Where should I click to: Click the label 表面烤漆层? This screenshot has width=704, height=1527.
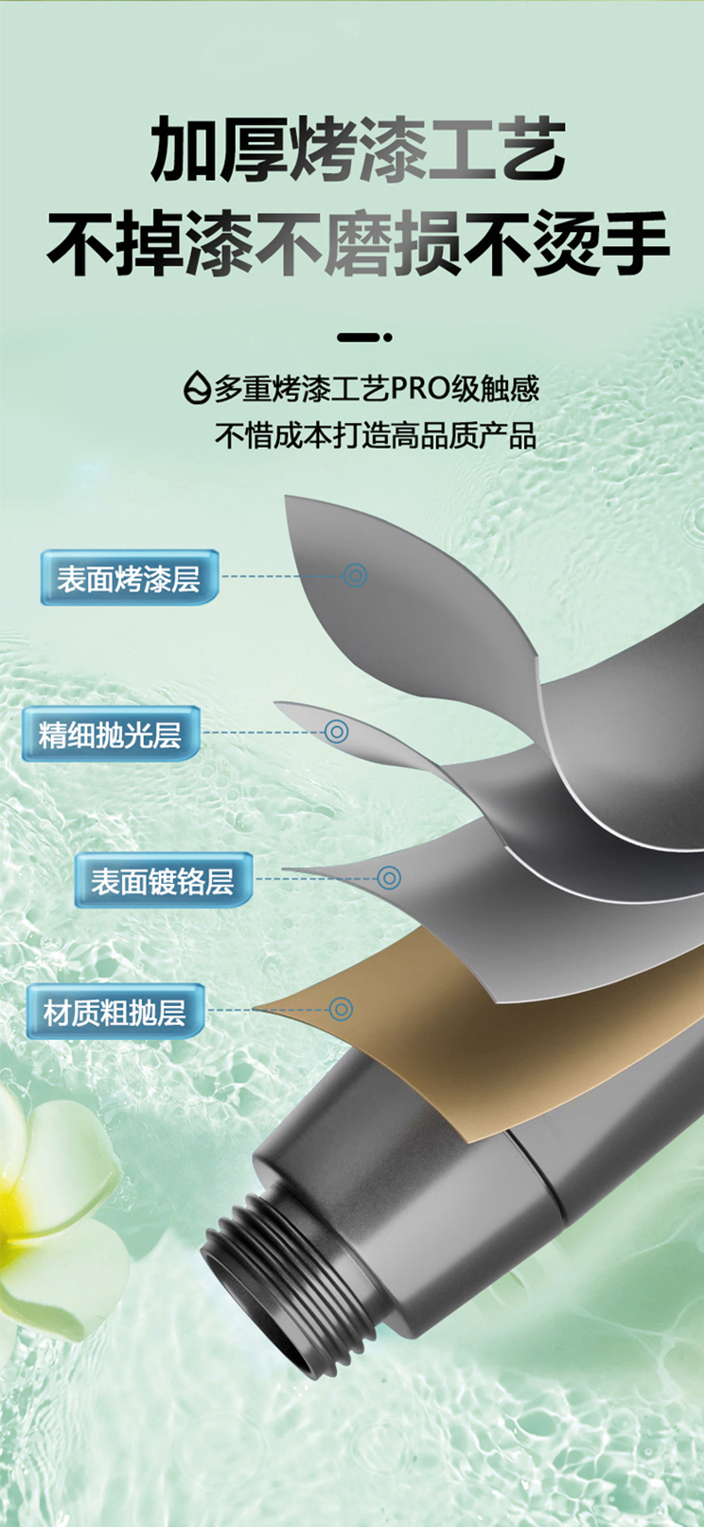pyautogui.click(x=129, y=578)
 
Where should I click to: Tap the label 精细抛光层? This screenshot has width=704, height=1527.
pyautogui.click(x=110, y=734)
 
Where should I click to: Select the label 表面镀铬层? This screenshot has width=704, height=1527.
pyautogui.click(x=162, y=880)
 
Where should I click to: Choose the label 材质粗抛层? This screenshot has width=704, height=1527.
pyautogui.click(x=115, y=1011)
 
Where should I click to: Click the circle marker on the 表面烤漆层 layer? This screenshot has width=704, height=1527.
pyautogui.click(x=355, y=575)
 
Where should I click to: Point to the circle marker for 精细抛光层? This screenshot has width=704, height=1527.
pyautogui.click(x=336, y=731)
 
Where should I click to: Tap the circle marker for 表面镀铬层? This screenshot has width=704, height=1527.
pyautogui.click(x=389, y=878)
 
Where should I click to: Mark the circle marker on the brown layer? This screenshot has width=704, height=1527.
pyautogui.click(x=340, y=1009)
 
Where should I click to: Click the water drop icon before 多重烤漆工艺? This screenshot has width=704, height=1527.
pyautogui.click(x=197, y=388)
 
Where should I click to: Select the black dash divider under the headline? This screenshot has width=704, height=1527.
pyautogui.click(x=364, y=337)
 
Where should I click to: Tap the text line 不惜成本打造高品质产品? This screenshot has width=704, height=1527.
pyautogui.click(x=375, y=435)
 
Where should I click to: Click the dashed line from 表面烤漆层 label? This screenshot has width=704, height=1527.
pyautogui.click(x=281, y=576)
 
